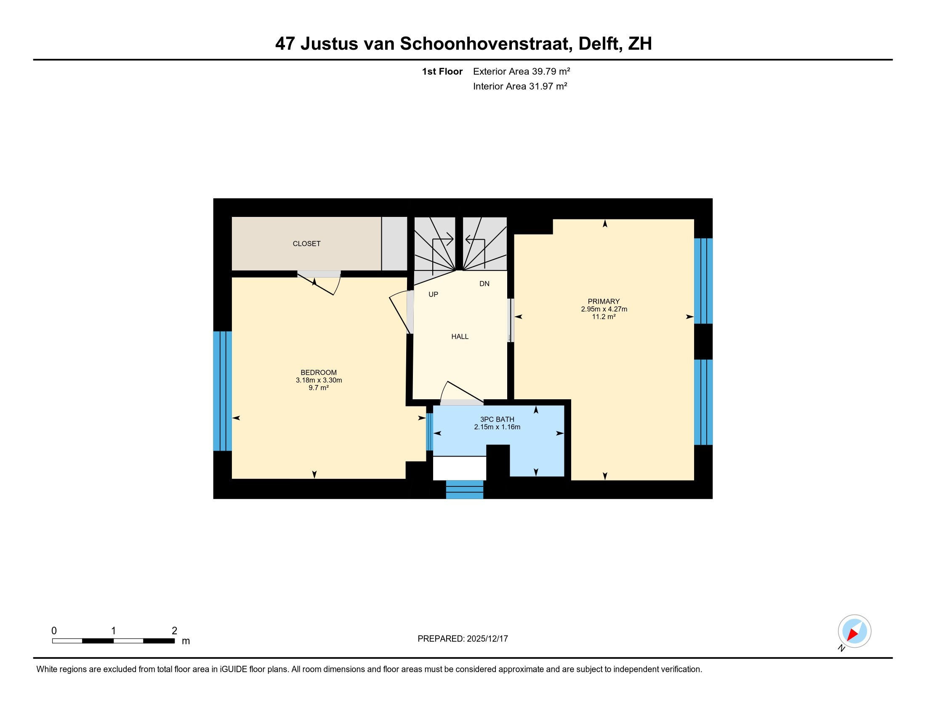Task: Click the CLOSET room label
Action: (x=306, y=243)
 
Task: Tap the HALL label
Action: (x=460, y=337)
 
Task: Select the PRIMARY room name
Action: (x=604, y=302)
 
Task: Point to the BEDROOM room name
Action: (x=319, y=373)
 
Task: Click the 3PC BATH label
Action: (x=497, y=419)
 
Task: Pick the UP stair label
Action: (x=433, y=294)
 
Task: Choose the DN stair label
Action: (x=484, y=284)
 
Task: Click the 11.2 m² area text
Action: (x=604, y=316)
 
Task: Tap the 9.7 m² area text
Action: (x=319, y=387)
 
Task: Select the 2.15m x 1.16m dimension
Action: (x=497, y=427)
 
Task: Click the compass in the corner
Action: (x=854, y=631)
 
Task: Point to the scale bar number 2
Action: (x=174, y=631)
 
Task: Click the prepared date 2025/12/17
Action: (x=487, y=639)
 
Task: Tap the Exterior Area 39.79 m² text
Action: (x=522, y=71)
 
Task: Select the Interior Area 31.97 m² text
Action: (x=520, y=86)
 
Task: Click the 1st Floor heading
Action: (x=442, y=71)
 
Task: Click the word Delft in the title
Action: (x=600, y=44)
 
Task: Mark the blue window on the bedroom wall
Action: (x=223, y=391)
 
